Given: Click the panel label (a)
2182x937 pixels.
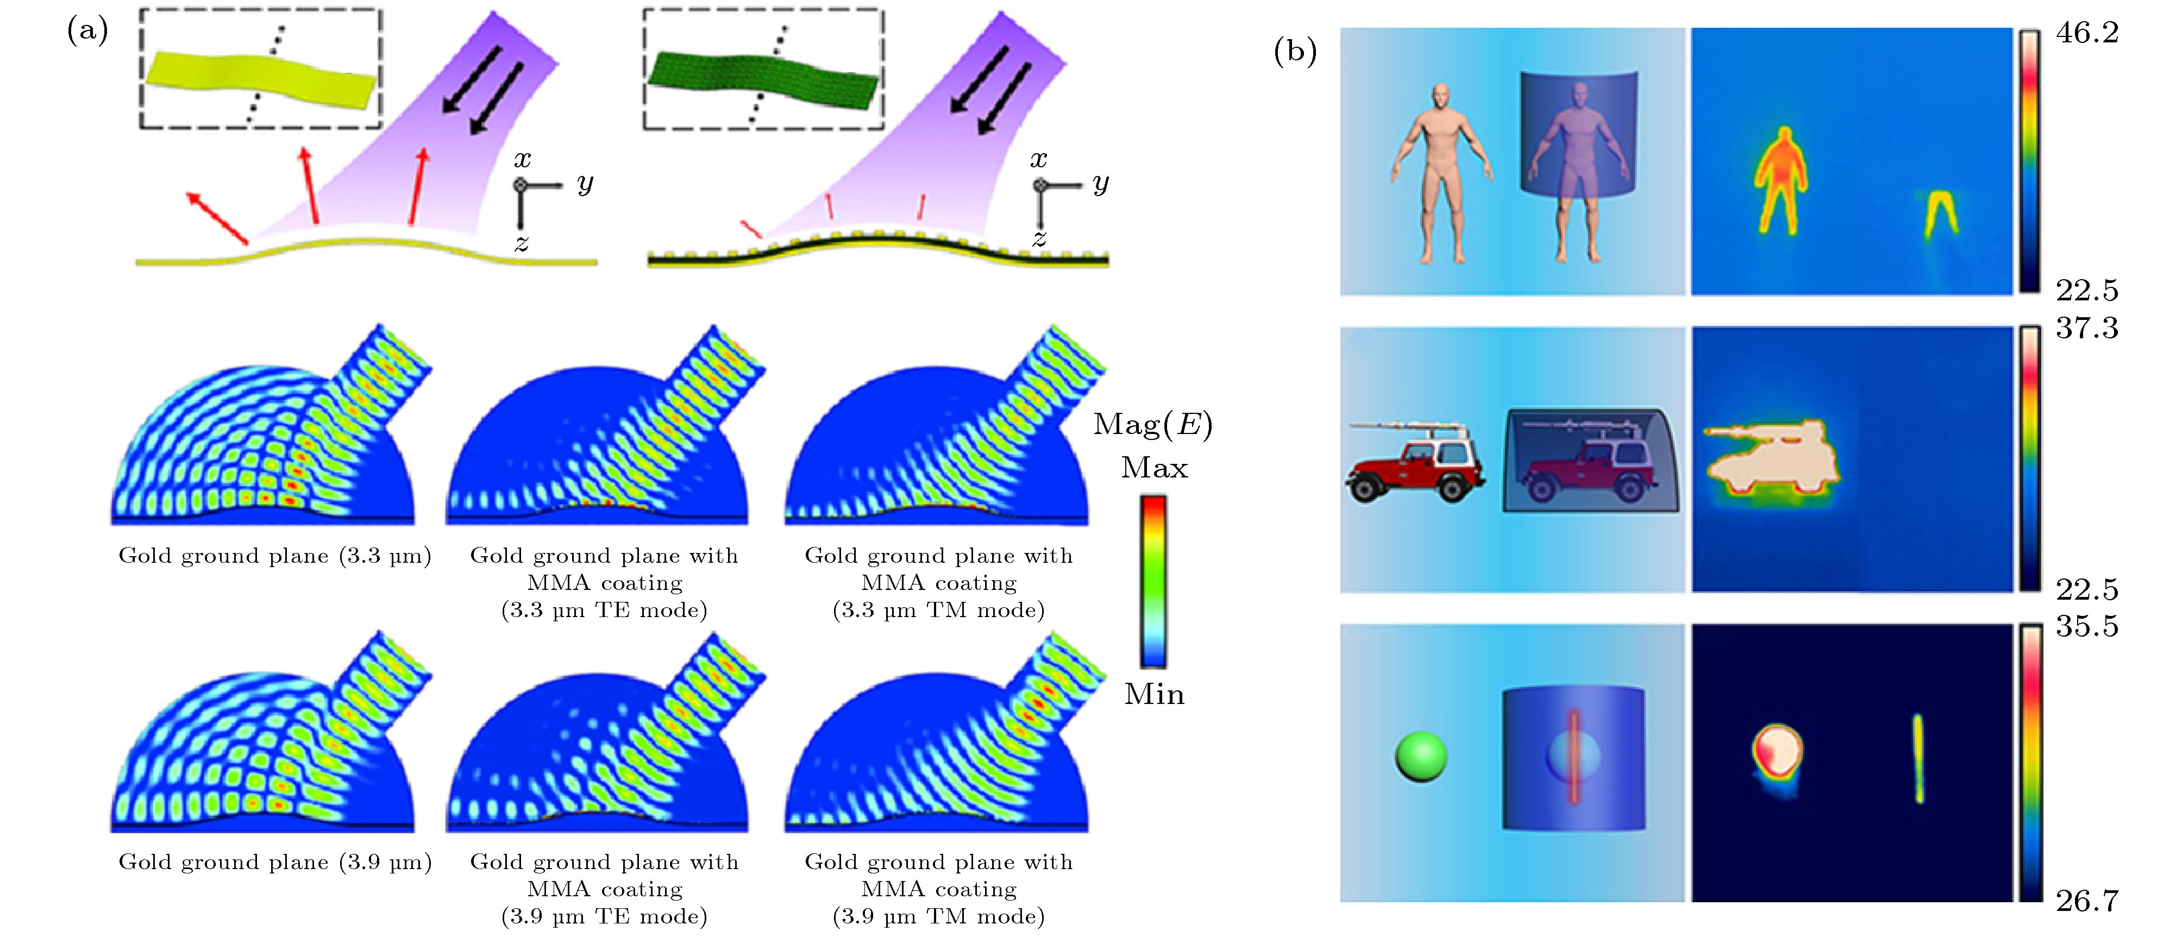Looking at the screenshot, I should (87, 32).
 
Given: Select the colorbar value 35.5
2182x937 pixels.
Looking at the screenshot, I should (2087, 626).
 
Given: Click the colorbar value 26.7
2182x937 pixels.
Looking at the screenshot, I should (2087, 901).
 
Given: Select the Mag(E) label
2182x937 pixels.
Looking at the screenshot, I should (1153, 424).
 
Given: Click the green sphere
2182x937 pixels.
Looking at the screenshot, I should (1420, 757).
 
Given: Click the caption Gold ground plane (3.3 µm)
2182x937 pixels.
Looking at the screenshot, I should (274, 556).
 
